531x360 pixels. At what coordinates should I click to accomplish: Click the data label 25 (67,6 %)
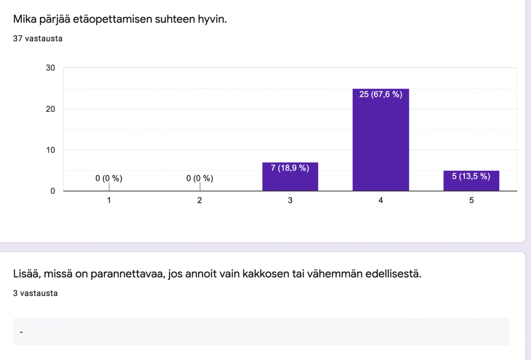(x=381, y=94)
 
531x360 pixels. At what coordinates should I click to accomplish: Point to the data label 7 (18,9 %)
(x=290, y=168)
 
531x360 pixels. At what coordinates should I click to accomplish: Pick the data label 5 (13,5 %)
(x=471, y=176)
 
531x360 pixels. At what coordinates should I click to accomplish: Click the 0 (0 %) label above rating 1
(x=109, y=179)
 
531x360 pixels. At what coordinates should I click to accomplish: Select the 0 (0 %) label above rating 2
(x=200, y=179)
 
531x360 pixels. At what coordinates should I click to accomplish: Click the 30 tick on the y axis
(x=50, y=68)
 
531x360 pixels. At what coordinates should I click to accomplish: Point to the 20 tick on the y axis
(x=50, y=109)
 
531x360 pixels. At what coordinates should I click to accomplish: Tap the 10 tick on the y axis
(x=50, y=150)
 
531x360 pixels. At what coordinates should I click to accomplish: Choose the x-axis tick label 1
(x=109, y=200)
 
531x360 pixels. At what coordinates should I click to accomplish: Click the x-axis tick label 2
(x=200, y=200)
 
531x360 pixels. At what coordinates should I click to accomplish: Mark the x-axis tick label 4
(x=381, y=200)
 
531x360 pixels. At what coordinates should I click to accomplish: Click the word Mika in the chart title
(x=24, y=19)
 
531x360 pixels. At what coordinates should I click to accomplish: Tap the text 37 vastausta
(x=38, y=38)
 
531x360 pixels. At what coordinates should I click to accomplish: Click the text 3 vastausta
(x=35, y=293)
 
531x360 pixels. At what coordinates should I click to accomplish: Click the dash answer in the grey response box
(x=21, y=332)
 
